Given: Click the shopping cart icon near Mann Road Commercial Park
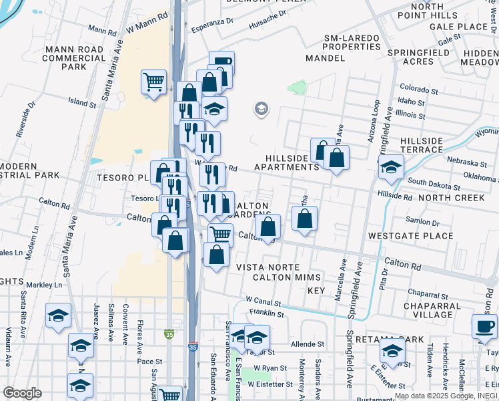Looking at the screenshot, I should pyautogui.click(x=153, y=82).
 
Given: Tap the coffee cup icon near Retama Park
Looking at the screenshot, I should pyautogui.click(x=484, y=327).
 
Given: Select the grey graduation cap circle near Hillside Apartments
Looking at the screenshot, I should pyautogui.click(x=261, y=109).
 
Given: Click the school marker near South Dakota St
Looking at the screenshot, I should pyautogui.click(x=391, y=167).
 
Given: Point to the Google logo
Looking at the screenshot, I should pyautogui.click(x=22, y=393).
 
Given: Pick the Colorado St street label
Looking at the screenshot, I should pyautogui.click(x=418, y=88).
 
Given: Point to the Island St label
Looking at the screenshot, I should pyautogui.click(x=82, y=103).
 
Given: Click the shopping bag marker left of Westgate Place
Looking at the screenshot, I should pyautogui.click(x=304, y=219).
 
